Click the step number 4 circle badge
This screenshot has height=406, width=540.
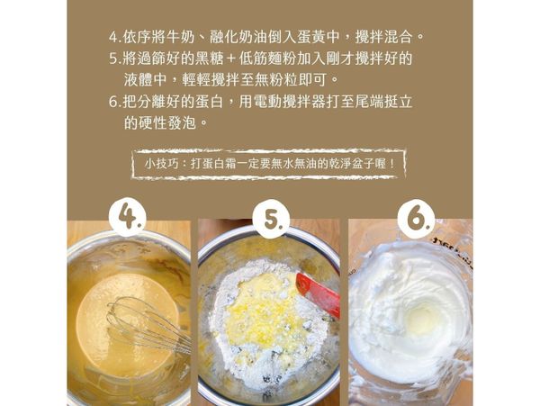129,218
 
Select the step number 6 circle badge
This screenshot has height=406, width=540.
414,218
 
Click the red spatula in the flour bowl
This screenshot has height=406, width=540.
318,293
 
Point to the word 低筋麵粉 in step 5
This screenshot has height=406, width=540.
281,59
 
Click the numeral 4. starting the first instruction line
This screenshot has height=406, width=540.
113,38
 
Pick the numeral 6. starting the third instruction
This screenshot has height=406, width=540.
113,102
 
